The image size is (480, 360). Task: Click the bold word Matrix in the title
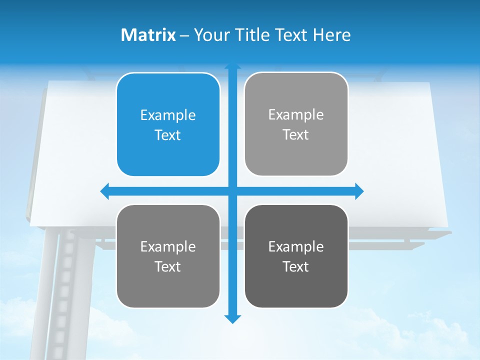148,35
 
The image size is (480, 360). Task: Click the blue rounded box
168,124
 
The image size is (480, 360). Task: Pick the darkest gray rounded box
296,256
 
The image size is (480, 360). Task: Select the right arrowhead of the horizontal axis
359,191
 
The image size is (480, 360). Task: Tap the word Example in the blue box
168,115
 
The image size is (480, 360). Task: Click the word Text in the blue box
168,135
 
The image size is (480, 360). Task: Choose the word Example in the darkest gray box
296,246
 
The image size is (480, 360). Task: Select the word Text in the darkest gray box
296,266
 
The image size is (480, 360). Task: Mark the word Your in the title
210,35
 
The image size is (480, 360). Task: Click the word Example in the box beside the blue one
296,114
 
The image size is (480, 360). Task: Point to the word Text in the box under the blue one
168,266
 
